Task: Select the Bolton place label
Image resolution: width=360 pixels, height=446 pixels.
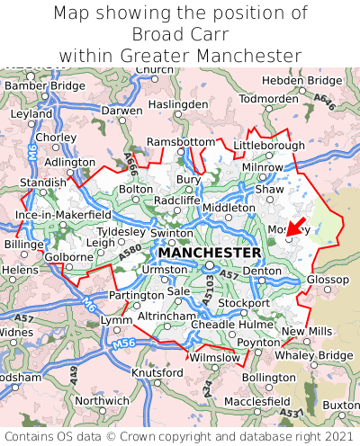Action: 136,190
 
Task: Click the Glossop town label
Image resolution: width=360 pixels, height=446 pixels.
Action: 328,281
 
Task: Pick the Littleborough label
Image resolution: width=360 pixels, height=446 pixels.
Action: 269,145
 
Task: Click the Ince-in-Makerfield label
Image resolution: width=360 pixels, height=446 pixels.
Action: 63,216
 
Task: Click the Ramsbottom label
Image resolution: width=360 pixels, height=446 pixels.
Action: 181,143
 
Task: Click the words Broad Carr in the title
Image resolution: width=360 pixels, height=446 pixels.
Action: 180,34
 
